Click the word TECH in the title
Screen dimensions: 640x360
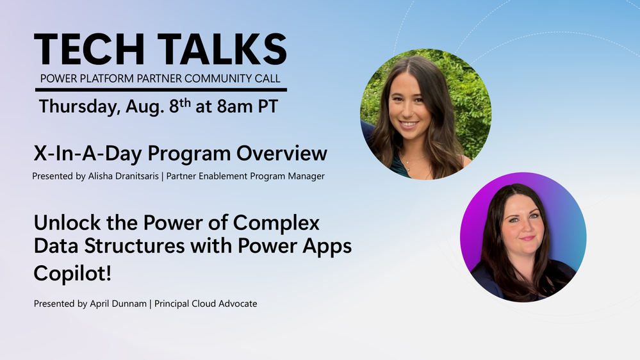click(x=89, y=49)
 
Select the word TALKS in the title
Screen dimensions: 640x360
click(x=222, y=49)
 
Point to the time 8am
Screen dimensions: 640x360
click(x=234, y=107)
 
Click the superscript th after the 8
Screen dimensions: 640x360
click(x=185, y=102)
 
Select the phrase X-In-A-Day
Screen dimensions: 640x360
click(x=88, y=154)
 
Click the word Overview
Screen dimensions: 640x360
click(x=282, y=154)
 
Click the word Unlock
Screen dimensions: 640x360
click(x=67, y=223)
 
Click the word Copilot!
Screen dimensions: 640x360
click(x=72, y=273)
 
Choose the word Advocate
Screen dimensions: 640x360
click(x=238, y=304)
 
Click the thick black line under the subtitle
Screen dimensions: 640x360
click(x=161, y=90)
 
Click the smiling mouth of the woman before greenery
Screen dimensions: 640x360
click(x=409, y=124)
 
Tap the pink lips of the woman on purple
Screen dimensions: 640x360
click(x=528, y=238)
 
